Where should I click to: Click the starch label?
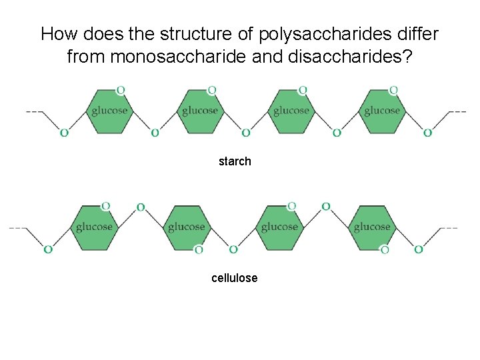click(x=235, y=161)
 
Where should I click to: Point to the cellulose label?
click(x=234, y=278)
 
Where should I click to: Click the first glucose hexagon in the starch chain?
click(x=109, y=111)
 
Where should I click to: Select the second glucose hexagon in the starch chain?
click(x=200, y=111)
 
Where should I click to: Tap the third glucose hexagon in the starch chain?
click(x=291, y=111)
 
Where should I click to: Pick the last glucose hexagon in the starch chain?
click(x=382, y=111)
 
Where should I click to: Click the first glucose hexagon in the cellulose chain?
click(x=94, y=227)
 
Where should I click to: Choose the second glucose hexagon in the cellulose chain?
click(x=186, y=227)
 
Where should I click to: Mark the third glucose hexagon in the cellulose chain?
click(x=279, y=227)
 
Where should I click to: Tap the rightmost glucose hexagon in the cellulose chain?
click(x=372, y=227)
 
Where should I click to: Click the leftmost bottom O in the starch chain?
click(x=64, y=133)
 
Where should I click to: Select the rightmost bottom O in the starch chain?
click(x=427, y=133)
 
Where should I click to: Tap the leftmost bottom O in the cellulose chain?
click(x=48, y=249)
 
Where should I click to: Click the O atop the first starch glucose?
click(x=120, y=89)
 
